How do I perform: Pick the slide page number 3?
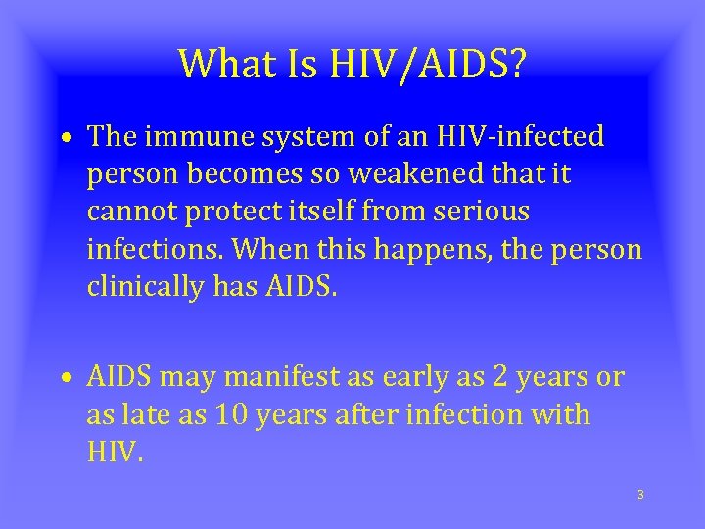tap(639, 495)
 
